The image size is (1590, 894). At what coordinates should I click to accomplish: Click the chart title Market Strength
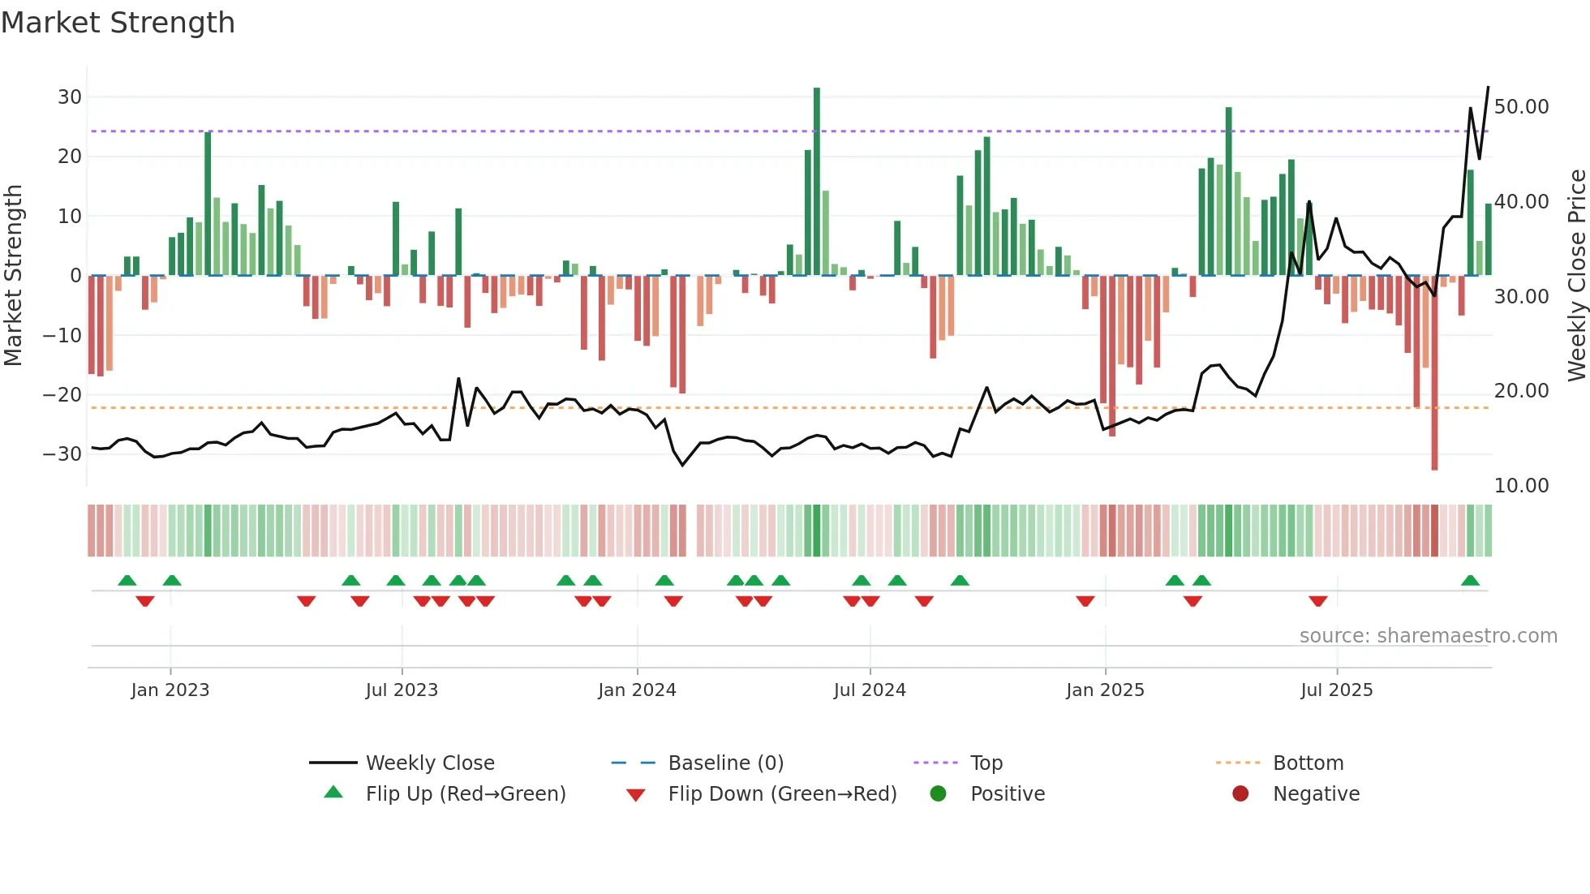118,23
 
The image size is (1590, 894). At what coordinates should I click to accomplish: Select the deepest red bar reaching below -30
1434,373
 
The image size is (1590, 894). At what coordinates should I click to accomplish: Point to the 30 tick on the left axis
70,97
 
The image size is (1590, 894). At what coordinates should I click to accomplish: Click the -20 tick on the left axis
63,395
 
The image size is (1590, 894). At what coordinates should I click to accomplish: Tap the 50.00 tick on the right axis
1521,107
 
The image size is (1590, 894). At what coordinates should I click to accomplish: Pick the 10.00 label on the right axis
1521,486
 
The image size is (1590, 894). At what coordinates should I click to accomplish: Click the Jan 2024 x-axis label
637,690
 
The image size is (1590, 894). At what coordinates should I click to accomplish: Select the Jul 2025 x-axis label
1336,690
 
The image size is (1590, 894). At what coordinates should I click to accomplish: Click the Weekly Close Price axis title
1576,276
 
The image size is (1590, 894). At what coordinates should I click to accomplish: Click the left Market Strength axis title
13,276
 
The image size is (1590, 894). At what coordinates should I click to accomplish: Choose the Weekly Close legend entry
430,763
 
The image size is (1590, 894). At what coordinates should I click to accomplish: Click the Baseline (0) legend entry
725,763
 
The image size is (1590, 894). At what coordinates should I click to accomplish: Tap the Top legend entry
986,763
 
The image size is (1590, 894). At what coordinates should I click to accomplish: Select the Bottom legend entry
1308,763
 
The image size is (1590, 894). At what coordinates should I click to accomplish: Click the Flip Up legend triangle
333,793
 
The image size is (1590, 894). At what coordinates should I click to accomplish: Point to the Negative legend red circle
1240,793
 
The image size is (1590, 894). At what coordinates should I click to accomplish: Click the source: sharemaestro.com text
1428,636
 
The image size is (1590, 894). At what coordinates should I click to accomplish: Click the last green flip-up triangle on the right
1470,581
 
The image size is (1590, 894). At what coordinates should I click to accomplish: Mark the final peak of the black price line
1488,87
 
